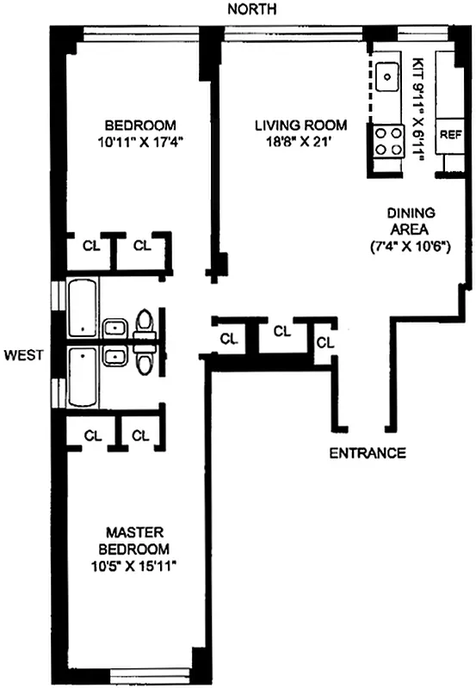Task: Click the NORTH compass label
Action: (x=252, y=9)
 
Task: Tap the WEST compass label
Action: (x=24, y=354)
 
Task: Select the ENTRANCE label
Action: (x=368, y=453)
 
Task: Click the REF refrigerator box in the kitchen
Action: (x=449, y=136)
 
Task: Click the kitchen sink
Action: (x=386, y=77)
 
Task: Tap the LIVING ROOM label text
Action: (x=300, y=126)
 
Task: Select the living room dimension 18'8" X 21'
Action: (x=300, y=143)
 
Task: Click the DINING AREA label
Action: (x=411, y=221)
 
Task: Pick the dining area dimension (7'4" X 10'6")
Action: (x=410, y=247)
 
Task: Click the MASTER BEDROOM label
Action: (x=134, y=541)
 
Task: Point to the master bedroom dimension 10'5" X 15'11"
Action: (x=133, y=566)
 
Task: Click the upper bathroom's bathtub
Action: (x=83, y=309)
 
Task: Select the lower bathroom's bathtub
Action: (x=83, y=378)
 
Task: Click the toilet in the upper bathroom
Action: (x=144, y=324)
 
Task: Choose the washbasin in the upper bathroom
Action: (x=115, y=329)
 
